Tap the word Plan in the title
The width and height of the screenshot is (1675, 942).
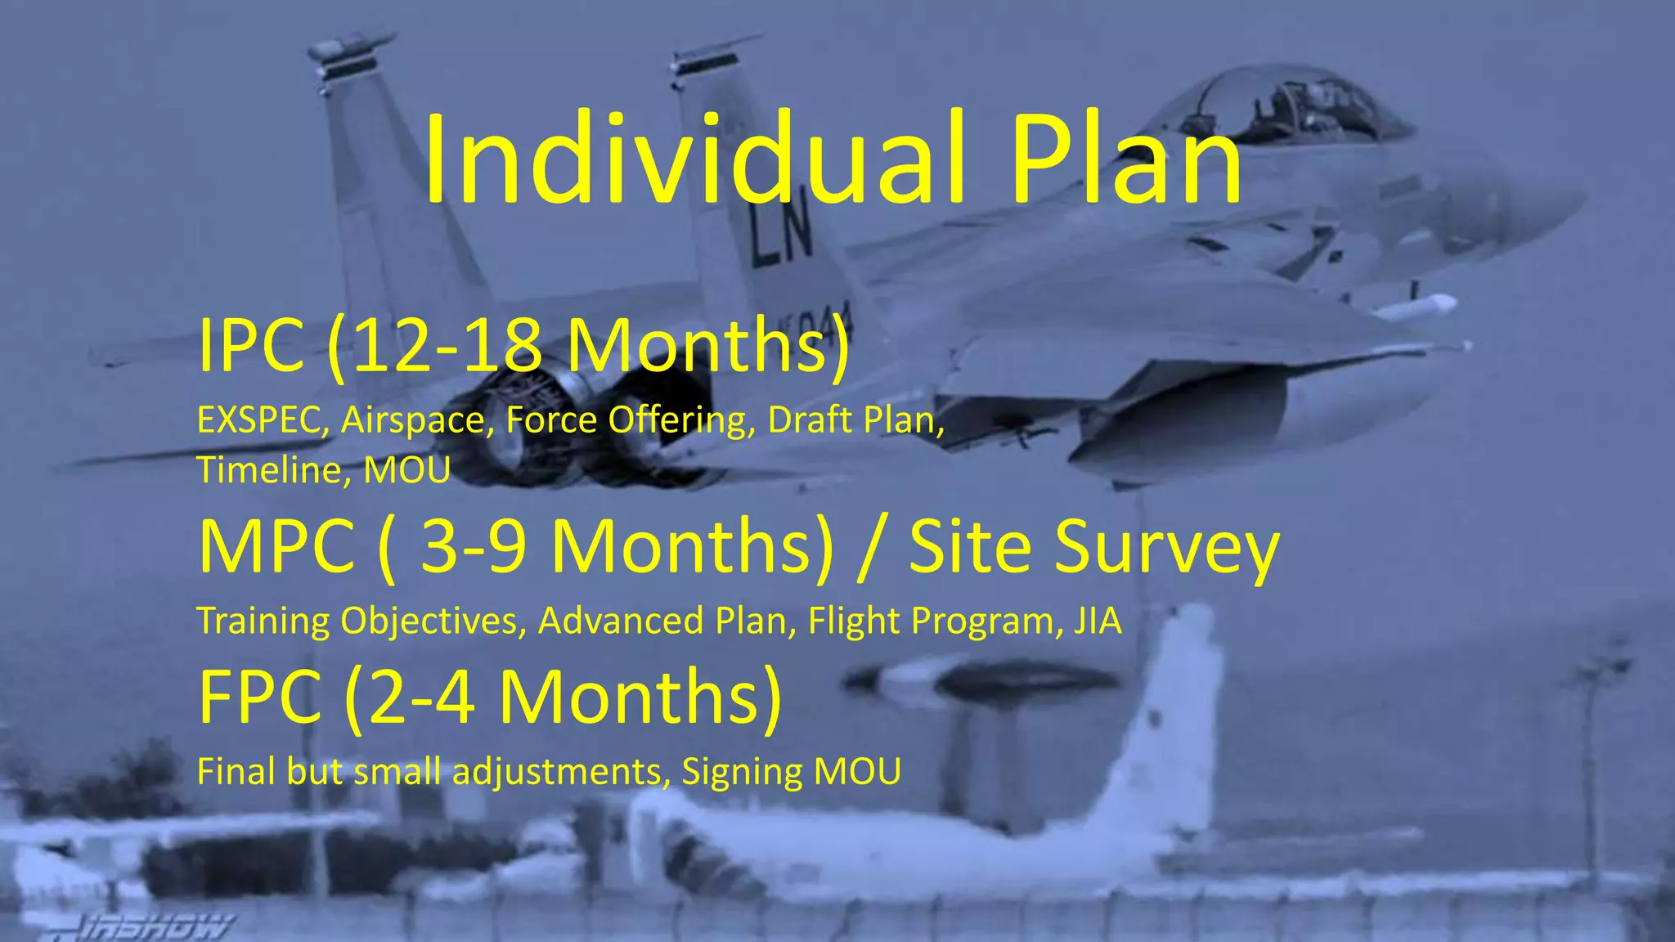[1126, 159]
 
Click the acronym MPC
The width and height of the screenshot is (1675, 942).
[277, 546]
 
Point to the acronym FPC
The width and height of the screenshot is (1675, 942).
[260, 697]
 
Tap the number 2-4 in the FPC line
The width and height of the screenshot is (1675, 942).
[422, 697]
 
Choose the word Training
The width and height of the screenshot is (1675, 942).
[263, 621]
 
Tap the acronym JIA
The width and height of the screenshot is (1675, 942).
[1098, 621]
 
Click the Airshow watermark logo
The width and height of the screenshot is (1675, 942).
[155, 927]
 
